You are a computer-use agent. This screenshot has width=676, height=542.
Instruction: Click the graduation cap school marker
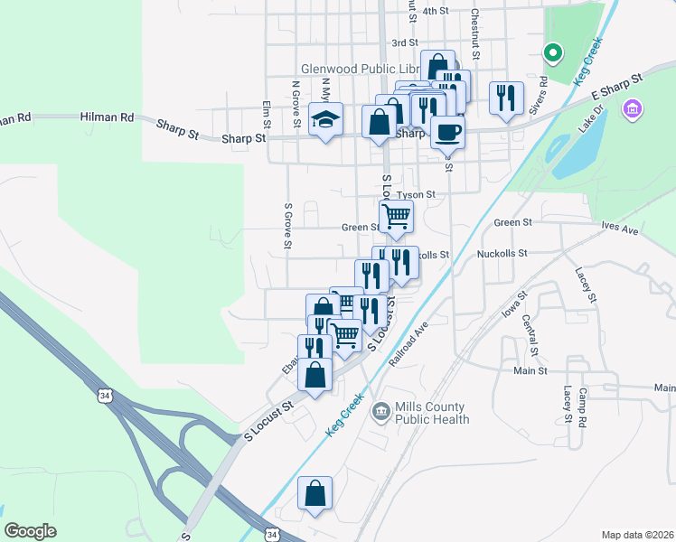[x=324, y=119]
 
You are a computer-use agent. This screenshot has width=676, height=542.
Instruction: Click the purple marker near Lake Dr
[x=633, y=109]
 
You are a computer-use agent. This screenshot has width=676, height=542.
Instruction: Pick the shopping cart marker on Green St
[x=396, y=217]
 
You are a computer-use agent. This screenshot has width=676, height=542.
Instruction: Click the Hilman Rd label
[x=107, y=117]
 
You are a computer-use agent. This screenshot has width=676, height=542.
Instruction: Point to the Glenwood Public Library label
[x=361, y=70]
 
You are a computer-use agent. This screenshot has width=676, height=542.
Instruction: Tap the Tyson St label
[x=417, y=194]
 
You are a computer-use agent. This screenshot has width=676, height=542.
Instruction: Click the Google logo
[x=30, y=531]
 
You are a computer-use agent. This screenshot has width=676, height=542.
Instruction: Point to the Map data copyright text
[x=637, y=534]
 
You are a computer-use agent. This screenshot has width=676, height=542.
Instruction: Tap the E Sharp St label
[x=615, y=88]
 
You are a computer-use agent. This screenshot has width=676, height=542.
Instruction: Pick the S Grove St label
[x=288, y=226]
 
